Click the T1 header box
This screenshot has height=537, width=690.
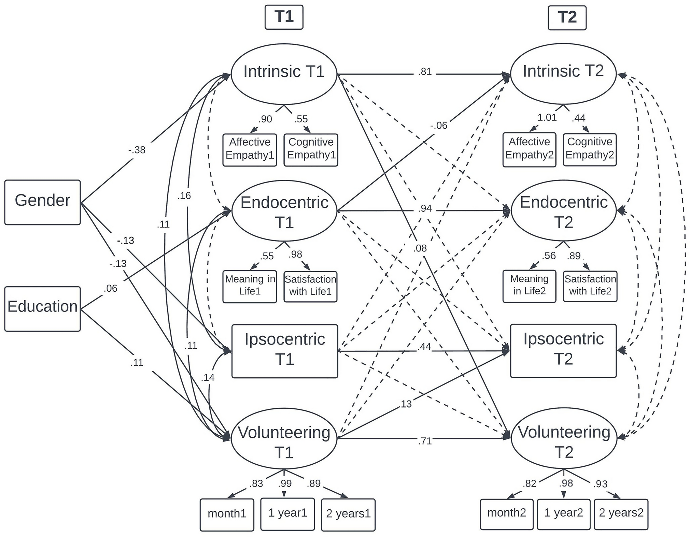click(x=284, y=17)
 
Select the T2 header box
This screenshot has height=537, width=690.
click(x=567, y=17)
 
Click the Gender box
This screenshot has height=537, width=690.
click(x=42, y=202)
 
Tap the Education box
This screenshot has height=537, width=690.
click(x=42, y=308)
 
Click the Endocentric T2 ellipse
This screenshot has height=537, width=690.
click(x=564, y=211)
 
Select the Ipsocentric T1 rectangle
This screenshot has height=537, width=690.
click(x=284, y=351)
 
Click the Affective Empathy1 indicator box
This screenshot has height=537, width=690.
click(x=250, y=149)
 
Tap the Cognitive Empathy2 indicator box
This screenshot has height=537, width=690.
click(x=590, y=149)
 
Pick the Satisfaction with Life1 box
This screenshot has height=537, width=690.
click(x=310, y=286)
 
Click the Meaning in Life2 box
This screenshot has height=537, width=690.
click(x=529, y=286)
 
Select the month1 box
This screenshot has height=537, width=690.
click(x=227, y=514)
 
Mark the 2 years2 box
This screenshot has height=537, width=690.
click(x=621, y=513)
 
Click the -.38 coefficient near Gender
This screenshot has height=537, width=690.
click(x=137, y=150)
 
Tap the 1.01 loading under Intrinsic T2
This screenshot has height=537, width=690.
click(x=547, y=117)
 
